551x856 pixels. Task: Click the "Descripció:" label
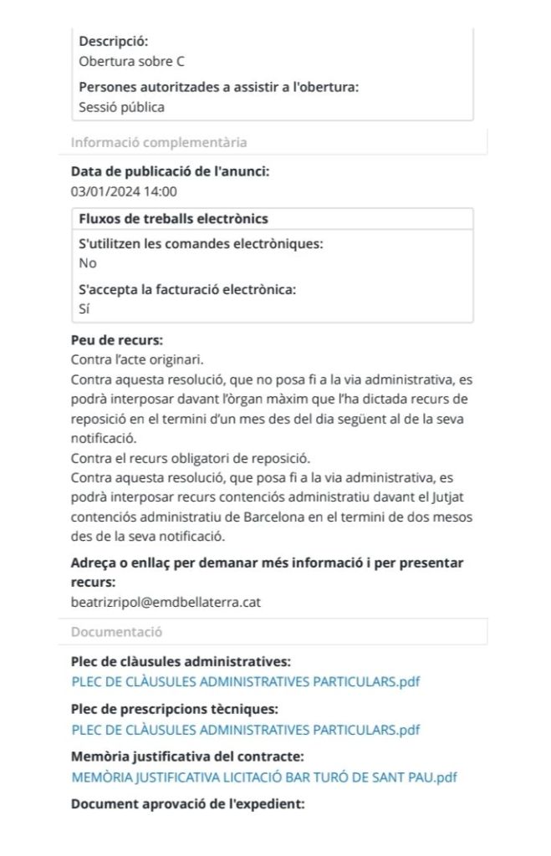pyautogui.click(x=113, y=40)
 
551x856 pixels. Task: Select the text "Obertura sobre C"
pyautogui.click(x=131, y=61)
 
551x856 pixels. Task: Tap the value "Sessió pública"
pyautogui.click(x=121, y=107)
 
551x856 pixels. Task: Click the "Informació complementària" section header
pyautogui.click(x=159, y=142)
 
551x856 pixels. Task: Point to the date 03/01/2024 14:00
pyautogui.click(x=124, y=191)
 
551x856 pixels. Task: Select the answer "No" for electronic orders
pyautogui.click(x=88, y=263)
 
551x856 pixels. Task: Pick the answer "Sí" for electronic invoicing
pyautogui.click(x=84, y=308)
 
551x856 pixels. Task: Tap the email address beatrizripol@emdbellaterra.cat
pyautogui.click(x=166, y=602)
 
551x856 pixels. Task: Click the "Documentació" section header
pyautogui.click(x=117, y=632)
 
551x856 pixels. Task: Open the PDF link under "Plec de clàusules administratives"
pyautogui.click(x=246, y=681)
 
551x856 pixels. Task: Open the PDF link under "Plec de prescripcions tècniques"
pyautogui.click(x=246, y=730)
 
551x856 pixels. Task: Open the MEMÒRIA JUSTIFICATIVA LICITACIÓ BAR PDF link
pyautogui.click(x=264, y=777)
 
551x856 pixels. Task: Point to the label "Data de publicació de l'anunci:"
pyautogui.click(x=171, y=171)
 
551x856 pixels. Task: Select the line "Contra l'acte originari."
pyautogui.click(x=138, y=359)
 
